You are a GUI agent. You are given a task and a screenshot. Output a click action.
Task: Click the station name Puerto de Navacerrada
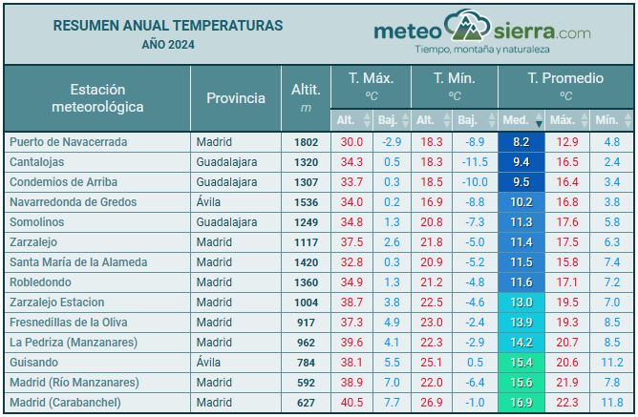(68, 142)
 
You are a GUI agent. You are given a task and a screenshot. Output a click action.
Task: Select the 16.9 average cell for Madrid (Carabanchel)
(521, 403)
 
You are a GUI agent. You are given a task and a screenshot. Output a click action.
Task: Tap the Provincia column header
(235, 98)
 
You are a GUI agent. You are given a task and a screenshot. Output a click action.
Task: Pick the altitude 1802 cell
(306, 142)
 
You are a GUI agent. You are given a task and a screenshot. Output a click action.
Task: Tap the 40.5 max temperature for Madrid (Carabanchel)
(351, 403)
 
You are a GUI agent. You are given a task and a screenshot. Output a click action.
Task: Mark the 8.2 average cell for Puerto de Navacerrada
(521, 142)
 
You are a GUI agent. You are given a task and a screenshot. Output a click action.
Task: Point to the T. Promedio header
(565, 78)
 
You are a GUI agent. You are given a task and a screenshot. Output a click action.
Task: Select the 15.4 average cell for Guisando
(521, 363)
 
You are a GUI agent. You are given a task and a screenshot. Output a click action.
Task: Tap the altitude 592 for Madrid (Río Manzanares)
(306, 383)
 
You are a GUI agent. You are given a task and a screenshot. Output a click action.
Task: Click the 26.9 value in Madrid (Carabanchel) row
(431, 403)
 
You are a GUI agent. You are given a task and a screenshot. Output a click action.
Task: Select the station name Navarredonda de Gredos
(73, 202)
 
